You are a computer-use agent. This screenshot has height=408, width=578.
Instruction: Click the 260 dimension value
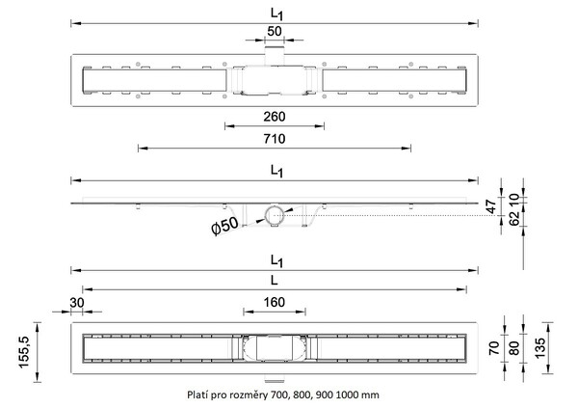(x=274, y=117)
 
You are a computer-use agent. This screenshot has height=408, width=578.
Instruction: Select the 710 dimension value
(x=274, y=139)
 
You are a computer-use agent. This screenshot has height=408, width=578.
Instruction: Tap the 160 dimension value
(x=274, y=303)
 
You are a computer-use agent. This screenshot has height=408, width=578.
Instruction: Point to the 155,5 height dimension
(x=24, y=352)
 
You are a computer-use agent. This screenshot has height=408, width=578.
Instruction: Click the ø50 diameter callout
(x=224, y=226)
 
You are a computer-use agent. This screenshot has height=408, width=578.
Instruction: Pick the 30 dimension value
(x=77, y=303)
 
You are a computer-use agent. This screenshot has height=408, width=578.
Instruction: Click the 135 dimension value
(x=539, y=348)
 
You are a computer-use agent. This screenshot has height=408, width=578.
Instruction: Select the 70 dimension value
(x=494, y=348)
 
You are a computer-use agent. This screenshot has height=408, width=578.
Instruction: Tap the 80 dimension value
(x=513, y=348)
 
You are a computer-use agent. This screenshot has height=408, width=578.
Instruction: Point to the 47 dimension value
(x=491, y=206)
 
